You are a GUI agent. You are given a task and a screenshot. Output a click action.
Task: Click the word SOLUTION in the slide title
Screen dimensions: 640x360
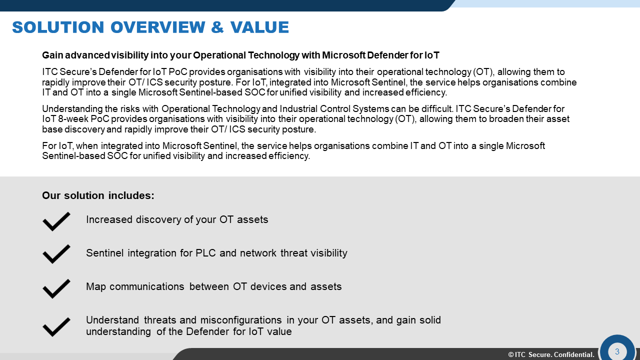(58, 27)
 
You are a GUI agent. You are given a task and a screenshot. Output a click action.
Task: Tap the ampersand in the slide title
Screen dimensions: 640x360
(217, 27)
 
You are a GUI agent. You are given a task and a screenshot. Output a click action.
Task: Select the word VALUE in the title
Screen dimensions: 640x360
(259, 27)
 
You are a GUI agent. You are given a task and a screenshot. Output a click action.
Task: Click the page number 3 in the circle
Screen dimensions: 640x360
(617, 351)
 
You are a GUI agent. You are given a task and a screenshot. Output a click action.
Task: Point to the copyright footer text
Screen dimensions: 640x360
(551, 354)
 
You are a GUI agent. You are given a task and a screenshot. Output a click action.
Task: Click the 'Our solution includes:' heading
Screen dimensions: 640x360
(98, 195)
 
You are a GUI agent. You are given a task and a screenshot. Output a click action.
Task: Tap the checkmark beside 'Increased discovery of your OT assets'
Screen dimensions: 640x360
(56, 221)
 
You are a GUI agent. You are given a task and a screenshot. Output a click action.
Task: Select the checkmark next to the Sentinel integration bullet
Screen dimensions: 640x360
(56, 254)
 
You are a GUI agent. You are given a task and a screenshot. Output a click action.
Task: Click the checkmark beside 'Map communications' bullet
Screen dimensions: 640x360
(56, 288)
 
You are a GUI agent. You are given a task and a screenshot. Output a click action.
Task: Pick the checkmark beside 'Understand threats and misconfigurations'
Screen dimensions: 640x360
(56, 327)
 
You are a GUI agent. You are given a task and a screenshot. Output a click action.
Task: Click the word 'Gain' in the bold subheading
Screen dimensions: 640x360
(52, 55)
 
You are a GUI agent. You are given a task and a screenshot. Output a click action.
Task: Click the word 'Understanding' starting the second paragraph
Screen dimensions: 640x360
(72, 109)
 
